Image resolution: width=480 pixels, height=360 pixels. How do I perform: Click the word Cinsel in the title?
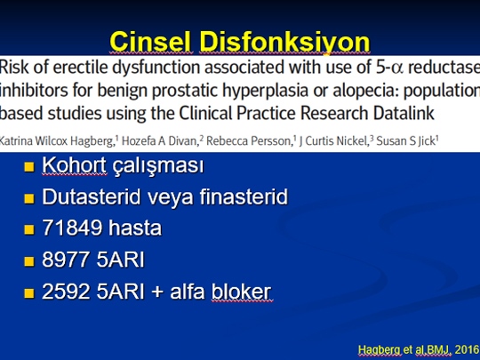click(150, 42)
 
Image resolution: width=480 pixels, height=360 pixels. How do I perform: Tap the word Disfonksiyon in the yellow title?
click(284, 43)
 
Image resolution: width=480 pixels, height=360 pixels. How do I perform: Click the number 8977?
click(66, 260)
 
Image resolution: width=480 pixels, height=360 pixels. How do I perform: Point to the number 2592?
click(66, 291)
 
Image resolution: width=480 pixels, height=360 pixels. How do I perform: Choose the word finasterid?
click(244, 196)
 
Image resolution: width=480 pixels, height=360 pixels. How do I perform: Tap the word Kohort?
click(75, 165)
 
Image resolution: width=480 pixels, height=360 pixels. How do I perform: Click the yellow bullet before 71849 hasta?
click(29, 229)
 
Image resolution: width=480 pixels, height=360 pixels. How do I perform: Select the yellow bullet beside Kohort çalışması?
click(29, 167)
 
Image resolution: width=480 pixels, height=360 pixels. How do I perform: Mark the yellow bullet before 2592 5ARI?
click(29, 292)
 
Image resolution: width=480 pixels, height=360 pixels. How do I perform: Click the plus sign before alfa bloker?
click(157, 292)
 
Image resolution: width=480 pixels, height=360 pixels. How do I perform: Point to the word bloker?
click(241, 291)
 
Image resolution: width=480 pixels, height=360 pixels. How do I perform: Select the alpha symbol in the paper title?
click(397, 68)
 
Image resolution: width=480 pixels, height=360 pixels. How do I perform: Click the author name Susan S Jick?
click(405, 141)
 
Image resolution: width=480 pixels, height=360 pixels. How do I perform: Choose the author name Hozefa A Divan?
click(159, 141)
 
